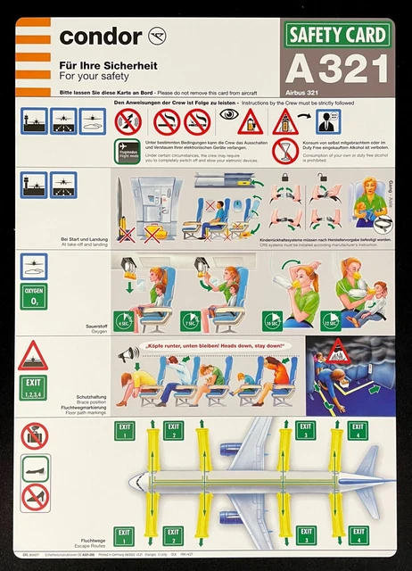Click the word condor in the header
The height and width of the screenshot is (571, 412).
coord(99,37)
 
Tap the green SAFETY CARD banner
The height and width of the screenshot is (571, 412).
coord(338,36)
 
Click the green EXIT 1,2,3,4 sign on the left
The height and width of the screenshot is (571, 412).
coord(34,388)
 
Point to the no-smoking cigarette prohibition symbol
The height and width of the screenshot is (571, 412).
coord(166,122)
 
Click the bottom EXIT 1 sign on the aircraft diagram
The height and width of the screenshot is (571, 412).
coord(124,537)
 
